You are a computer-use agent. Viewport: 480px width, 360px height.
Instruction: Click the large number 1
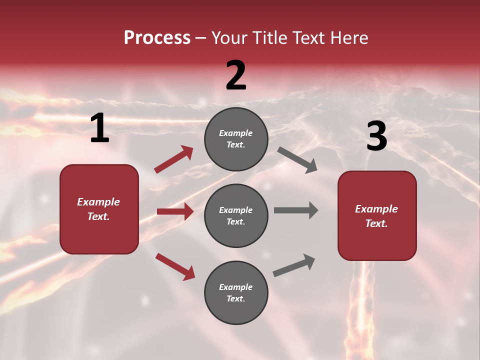(99, 128)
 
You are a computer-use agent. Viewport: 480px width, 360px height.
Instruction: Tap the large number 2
(236, 75)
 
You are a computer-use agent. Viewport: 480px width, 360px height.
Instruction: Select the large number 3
(376, 136)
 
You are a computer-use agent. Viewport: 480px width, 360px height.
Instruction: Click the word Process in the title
(157, 37)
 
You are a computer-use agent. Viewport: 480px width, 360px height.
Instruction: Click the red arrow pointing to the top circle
(174, 159)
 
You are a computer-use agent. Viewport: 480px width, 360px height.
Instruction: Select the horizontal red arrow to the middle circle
(175, 211)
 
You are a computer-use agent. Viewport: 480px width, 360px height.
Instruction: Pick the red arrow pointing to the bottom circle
(175, 266)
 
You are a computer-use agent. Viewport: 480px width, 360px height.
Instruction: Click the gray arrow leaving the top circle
(297, 160)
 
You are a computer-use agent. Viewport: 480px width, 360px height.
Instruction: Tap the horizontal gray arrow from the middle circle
(296, 210)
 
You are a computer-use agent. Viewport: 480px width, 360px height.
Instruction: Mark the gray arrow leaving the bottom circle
(294, 265)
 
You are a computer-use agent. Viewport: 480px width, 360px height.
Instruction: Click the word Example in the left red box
(98, 202)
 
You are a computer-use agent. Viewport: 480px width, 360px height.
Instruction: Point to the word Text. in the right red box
(376, 223)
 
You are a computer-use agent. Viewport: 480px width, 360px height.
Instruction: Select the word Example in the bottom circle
(236, 287)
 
